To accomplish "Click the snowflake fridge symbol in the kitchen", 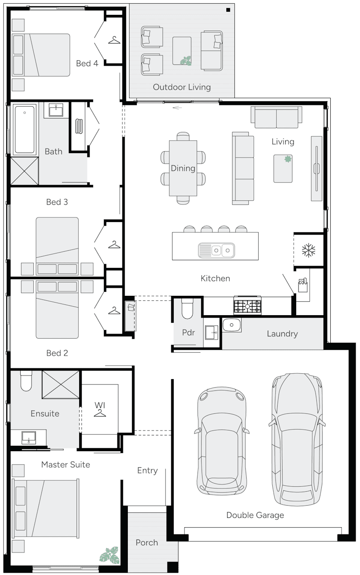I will (x=309, y=251).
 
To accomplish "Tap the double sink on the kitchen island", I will (x=216, y=249).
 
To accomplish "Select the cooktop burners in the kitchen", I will (x=247, y=307).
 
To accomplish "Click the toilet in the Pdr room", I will (x=187, y=308).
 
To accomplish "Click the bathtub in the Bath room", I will (x=24, y=129).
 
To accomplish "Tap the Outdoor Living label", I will (x=181, y=87).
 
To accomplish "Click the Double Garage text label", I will (x=255, y=515).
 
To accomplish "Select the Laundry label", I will (x=282, y=334).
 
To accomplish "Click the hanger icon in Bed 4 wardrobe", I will (x=114, y=41).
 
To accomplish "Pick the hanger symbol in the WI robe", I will (x=100, y=412).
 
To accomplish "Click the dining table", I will (x=183, y=168).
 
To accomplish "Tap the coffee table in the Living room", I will (x=283, y=168).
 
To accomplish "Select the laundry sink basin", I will (x=232, y=324).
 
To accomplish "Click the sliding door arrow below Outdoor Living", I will (x=177, y=108).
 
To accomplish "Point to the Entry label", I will (x=147, y=471).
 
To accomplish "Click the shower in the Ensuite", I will (x=60, y=385).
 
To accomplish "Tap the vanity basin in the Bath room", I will (x=56, y=109).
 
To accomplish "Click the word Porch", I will (x=147, y=543).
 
